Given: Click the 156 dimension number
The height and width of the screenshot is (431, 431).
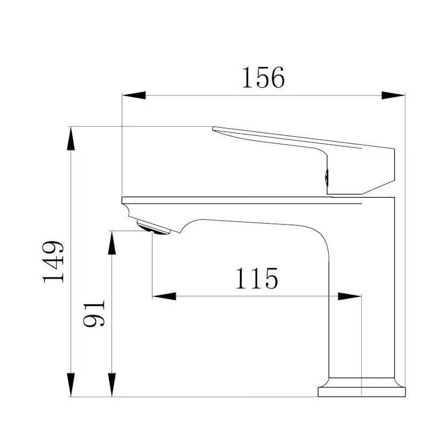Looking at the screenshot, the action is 263,78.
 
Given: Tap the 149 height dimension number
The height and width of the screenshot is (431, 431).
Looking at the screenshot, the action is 53,262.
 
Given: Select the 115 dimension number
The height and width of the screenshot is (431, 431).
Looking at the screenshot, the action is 257,278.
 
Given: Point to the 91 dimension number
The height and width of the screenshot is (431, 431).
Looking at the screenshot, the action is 94,313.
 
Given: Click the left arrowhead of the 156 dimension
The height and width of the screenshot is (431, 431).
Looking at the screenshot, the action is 134,95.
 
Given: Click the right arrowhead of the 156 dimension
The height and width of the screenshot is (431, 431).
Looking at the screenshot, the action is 393,95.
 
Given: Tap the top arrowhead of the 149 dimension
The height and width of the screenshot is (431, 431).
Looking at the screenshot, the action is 71,138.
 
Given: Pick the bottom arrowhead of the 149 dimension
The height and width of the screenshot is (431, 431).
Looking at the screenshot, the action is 71,385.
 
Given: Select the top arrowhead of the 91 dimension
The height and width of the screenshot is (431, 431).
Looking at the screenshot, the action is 112,243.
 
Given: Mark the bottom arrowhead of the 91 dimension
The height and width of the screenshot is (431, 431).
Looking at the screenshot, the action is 112,385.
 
